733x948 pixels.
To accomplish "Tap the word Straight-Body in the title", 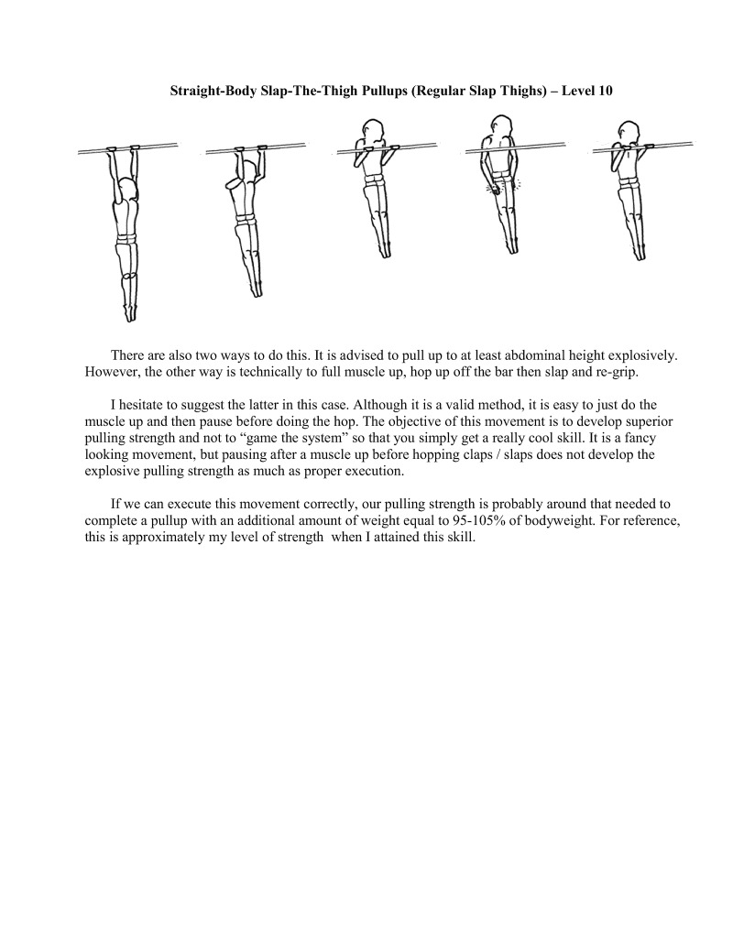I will pos(212,92).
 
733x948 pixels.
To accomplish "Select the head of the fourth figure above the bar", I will pos(499,125).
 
